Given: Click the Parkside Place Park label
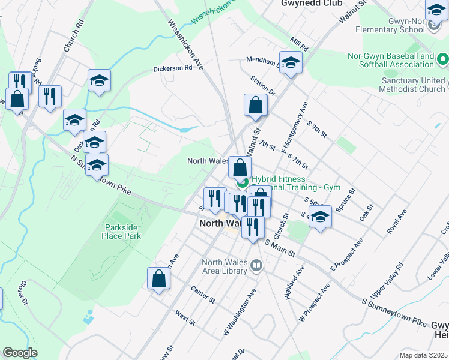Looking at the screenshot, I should (122, 232).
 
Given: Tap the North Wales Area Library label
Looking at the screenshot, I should (224, 266).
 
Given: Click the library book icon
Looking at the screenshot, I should (257, 265).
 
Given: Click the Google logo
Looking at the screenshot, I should (20, 353).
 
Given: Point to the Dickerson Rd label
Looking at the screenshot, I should (172, 68).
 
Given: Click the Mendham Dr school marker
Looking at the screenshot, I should (291, 64).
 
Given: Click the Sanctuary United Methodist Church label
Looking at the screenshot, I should (412, 85).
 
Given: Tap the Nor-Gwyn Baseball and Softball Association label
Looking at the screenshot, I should (391, 60).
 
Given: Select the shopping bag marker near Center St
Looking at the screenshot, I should (159, 278).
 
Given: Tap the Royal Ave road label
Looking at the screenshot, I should (396, 221).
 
